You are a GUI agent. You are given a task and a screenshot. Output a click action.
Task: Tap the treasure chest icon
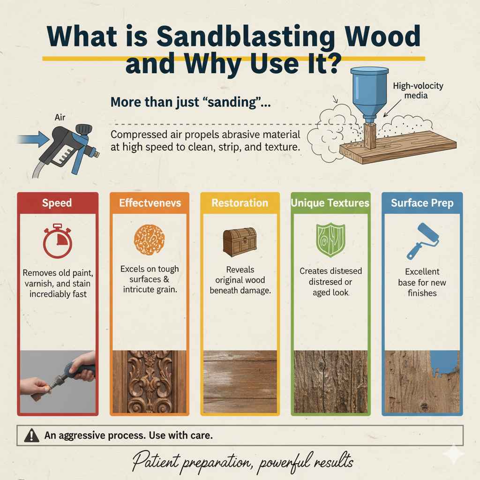[240, 242]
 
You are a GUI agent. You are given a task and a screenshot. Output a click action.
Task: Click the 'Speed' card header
[57, 202]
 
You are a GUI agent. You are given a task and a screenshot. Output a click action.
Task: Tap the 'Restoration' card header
[240, 203]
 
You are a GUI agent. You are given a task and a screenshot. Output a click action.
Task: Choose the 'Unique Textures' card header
[330, 203]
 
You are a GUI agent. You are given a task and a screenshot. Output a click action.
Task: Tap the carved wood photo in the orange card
[149, 382]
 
